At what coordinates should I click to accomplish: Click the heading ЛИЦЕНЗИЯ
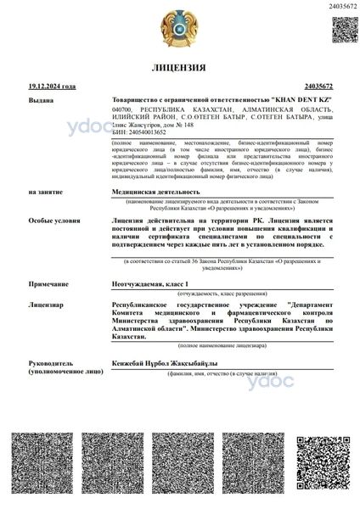tap(179, 67)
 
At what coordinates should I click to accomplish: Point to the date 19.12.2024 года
tap(52, 87)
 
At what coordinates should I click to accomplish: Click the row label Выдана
tap(41, 100)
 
